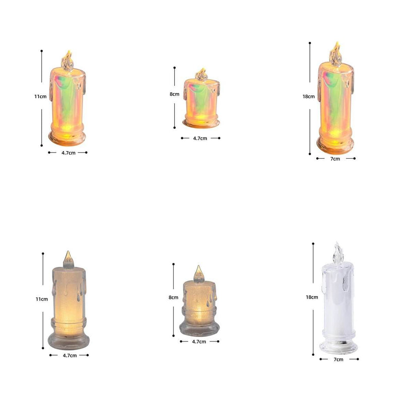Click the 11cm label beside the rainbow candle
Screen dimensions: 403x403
(x=41, y=96)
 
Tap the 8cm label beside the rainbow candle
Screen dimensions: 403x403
(x=174, y=94)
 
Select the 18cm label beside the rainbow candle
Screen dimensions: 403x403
(x=308, y=96)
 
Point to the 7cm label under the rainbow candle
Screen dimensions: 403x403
(x=335, y=159)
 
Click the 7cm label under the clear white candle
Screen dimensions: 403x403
(x=339, y=359)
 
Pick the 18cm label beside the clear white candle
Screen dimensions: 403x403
(x=312, y=297)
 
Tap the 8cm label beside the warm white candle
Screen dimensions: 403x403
(x=173, y=297)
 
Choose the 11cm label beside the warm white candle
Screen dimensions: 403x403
(x=42, y=299)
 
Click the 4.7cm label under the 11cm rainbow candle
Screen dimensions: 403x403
(x=69, y=153)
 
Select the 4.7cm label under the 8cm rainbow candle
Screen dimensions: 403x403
(x=200, y=138)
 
